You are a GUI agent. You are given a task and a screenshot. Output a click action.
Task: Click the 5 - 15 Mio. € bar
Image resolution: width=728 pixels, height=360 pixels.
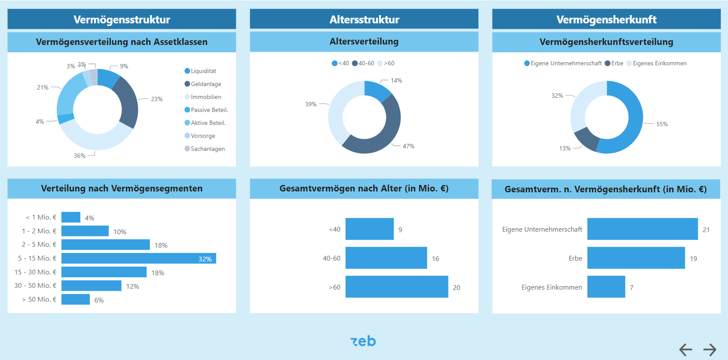pyautogui.click(x=138, y=258)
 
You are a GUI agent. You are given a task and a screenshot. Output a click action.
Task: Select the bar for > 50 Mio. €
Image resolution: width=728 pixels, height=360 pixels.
pyautogui.click(x=76, y=299)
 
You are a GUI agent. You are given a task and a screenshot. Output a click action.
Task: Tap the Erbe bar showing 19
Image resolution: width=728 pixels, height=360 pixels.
pyautogui.click(x=636, y=258)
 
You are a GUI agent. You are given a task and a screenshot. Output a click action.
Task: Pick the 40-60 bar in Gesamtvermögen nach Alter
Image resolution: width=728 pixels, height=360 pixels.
pyautogui.click(x=386, y=258)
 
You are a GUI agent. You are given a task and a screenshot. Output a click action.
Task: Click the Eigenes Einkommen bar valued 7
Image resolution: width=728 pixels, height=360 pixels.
pyautogui.click(x=606, y=287)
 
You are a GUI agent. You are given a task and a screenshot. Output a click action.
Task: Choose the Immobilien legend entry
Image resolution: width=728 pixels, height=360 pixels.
pyautogui.click(x=206, y=97)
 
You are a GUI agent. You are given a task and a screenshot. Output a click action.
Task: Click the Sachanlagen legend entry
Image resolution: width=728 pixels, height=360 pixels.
pyautogui.click(x=207, y=149)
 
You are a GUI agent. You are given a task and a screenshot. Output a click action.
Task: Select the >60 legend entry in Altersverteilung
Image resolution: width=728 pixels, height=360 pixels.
pyautogui.click(x=389, y=63)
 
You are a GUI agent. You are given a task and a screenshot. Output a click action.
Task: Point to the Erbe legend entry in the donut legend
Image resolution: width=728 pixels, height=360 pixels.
pyautogui.click(x=617, y=63)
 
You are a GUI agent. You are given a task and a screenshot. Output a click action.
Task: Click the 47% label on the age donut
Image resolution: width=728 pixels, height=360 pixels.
pyautogui.click(x=408, y=146)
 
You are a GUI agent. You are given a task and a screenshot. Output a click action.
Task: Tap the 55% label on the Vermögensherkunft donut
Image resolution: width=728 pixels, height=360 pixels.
pyautogui.click(x=662, y=124)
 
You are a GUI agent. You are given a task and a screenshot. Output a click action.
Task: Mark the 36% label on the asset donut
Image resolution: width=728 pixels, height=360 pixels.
pyautogui.click(x=79, y=156)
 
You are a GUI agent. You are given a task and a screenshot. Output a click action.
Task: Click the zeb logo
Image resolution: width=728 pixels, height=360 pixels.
pyautogui.click(x=363, y=341)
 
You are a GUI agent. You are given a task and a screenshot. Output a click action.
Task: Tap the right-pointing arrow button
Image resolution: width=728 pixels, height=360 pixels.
pyautogui.click(x=710, y=349)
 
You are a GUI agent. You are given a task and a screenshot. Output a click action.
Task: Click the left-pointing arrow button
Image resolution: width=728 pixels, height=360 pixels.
pyautogui.click(x=686, y=349)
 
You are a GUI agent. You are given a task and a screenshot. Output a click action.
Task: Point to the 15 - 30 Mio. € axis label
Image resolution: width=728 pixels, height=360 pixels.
pyautogui.click(x=35, y=272)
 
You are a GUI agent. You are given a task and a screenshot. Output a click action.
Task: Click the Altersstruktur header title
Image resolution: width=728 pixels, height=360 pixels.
pyautogui.click(x=364, y=19)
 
